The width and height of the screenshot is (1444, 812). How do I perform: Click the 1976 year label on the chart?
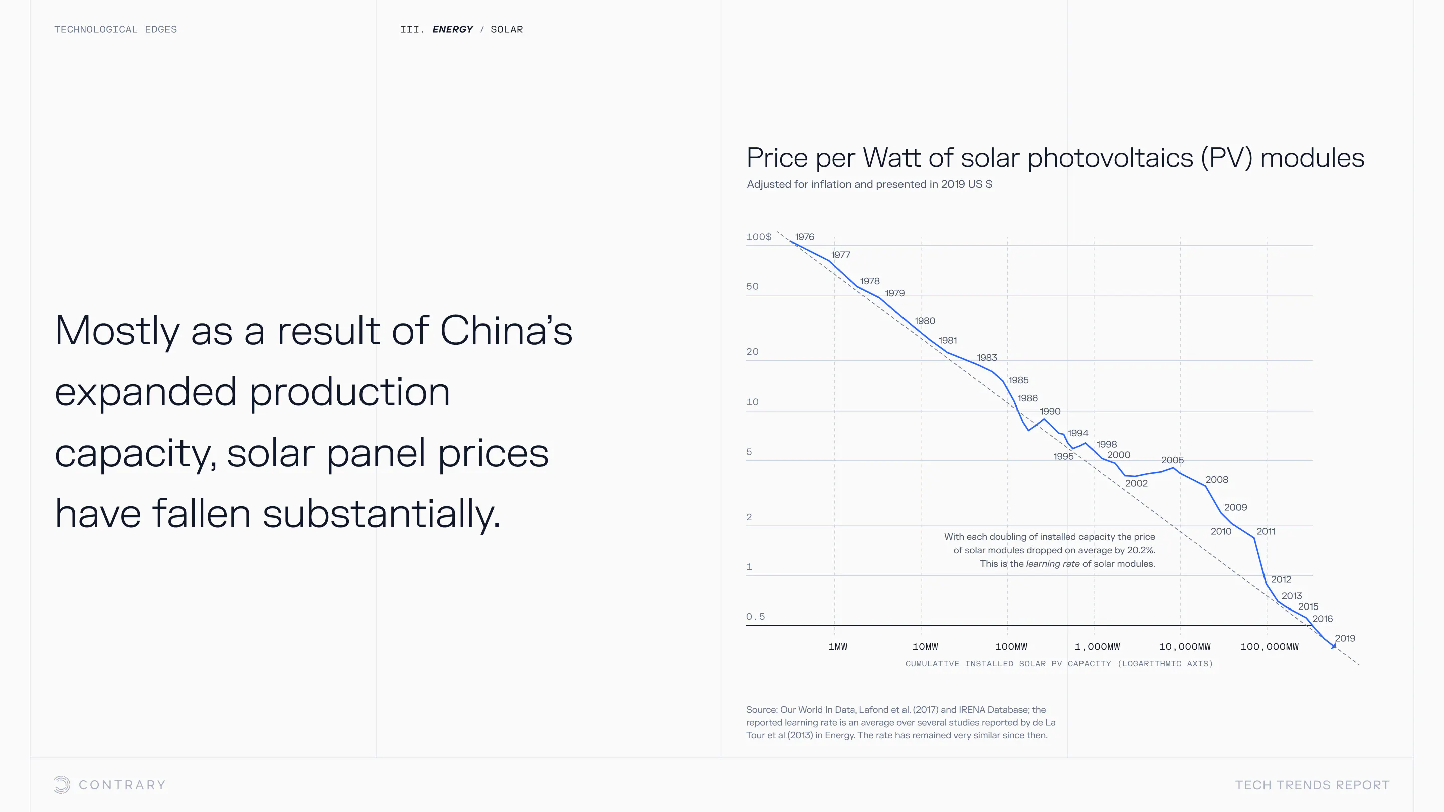[x=804, y=237]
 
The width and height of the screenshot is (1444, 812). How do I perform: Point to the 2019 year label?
[x=1345, y=638]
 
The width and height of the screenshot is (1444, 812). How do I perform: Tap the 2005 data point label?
[x=1172, y=460]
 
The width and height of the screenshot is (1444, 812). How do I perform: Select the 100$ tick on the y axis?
[x=759, y=237]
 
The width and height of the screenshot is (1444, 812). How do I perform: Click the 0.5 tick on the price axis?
[x=755, y=617]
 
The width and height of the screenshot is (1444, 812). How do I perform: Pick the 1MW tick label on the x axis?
[x=837, y=647]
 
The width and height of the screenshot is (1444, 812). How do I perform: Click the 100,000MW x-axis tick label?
[x=1269, y=647]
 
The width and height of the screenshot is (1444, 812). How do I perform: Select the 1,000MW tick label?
[x=1097, y=647]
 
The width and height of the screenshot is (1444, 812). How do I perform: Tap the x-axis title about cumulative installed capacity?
[x=1059, y=664]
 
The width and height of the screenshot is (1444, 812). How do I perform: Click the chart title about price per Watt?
[x=1055, y=158]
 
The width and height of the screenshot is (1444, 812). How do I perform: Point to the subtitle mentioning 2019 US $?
[x=869, y=184]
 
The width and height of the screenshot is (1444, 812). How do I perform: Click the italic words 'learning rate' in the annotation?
[x=1052, y=564]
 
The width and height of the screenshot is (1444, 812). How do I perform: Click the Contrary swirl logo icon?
[x=62, y=784]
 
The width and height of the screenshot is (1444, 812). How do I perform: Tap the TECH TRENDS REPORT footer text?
[x=1312, y=785]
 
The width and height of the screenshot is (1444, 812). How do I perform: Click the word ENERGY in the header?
[x=452, y=29]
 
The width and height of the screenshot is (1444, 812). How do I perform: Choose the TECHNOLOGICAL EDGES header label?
[x=115, y=29]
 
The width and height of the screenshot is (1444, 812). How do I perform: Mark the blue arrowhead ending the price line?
[x=1334, y=646]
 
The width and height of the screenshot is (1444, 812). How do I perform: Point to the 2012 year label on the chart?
[x=1281, y=579]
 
